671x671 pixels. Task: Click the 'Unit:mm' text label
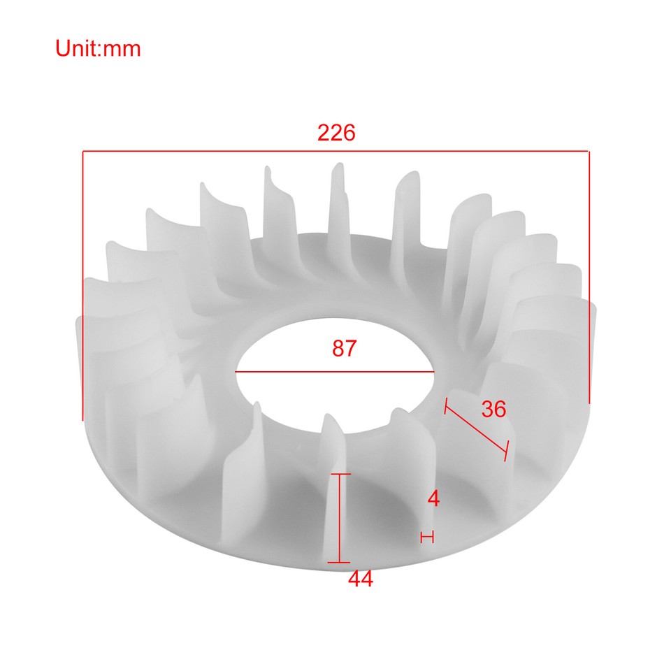[99, 48]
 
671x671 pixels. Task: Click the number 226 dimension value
[336, 133]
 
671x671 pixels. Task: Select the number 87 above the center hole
[344, 349]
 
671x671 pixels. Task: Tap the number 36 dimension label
[493, 409]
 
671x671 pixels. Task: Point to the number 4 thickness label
[433, 499]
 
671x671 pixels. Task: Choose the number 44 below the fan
[361, 579]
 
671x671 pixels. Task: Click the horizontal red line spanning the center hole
[335, 373]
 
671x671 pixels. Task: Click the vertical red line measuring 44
[340, 517]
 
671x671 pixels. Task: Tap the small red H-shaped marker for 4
[427, 537]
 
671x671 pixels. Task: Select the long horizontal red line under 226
[336, 150]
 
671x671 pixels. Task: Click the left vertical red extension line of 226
[83, 280]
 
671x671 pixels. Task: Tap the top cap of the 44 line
[340, 475]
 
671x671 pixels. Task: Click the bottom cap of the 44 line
[340, 562]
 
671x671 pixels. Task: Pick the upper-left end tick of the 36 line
[445, 406]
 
